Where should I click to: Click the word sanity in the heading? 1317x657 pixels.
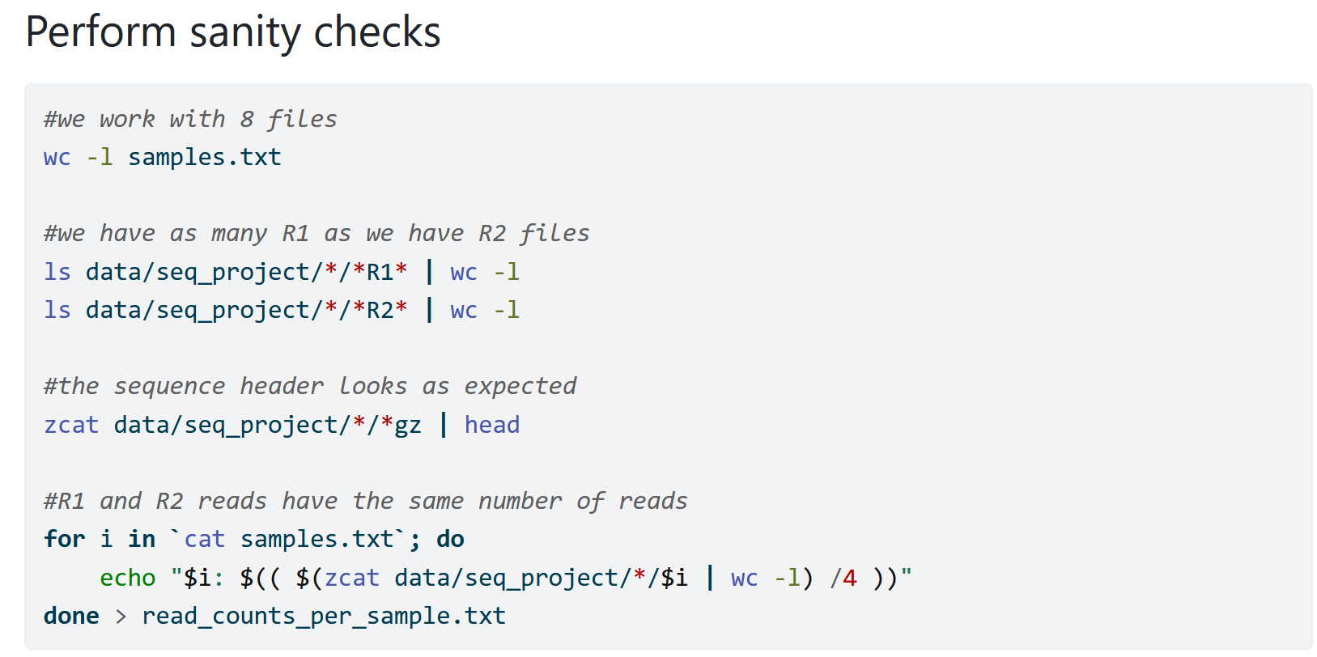click(x=245, y=32)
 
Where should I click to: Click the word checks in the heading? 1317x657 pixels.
click(x=376, y=32)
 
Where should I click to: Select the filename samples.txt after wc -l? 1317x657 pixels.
click(x=204, y=157)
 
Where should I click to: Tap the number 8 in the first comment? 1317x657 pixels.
click(x=247, y=120)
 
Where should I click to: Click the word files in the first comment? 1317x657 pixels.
click(x=302, y=120)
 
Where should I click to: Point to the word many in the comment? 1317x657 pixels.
click(x=239, y=234)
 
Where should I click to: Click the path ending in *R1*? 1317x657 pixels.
click(x=246, y=272)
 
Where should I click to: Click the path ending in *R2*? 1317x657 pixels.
click(x=246, y=311)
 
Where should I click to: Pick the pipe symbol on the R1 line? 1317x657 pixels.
click(x=429, y=272)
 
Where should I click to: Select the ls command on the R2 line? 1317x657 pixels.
click(x=57, y=311)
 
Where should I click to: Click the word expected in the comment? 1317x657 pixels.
click(x=520, y=387)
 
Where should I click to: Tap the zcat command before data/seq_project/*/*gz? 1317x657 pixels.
click(x=71, y=426)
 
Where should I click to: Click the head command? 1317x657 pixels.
click(x=492, y=426)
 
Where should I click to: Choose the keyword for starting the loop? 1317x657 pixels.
click(x=65, y=540)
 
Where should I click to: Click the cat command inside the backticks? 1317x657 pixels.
click(x=204, y=540)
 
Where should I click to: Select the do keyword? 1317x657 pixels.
click(x=450, y=540)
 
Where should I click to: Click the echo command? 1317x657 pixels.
click(x=128, y=579)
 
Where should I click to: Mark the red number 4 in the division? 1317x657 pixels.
click(x=849, y=579)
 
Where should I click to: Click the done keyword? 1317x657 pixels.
click(x=71, y=617)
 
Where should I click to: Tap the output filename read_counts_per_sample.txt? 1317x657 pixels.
click(x=324, y=617)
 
